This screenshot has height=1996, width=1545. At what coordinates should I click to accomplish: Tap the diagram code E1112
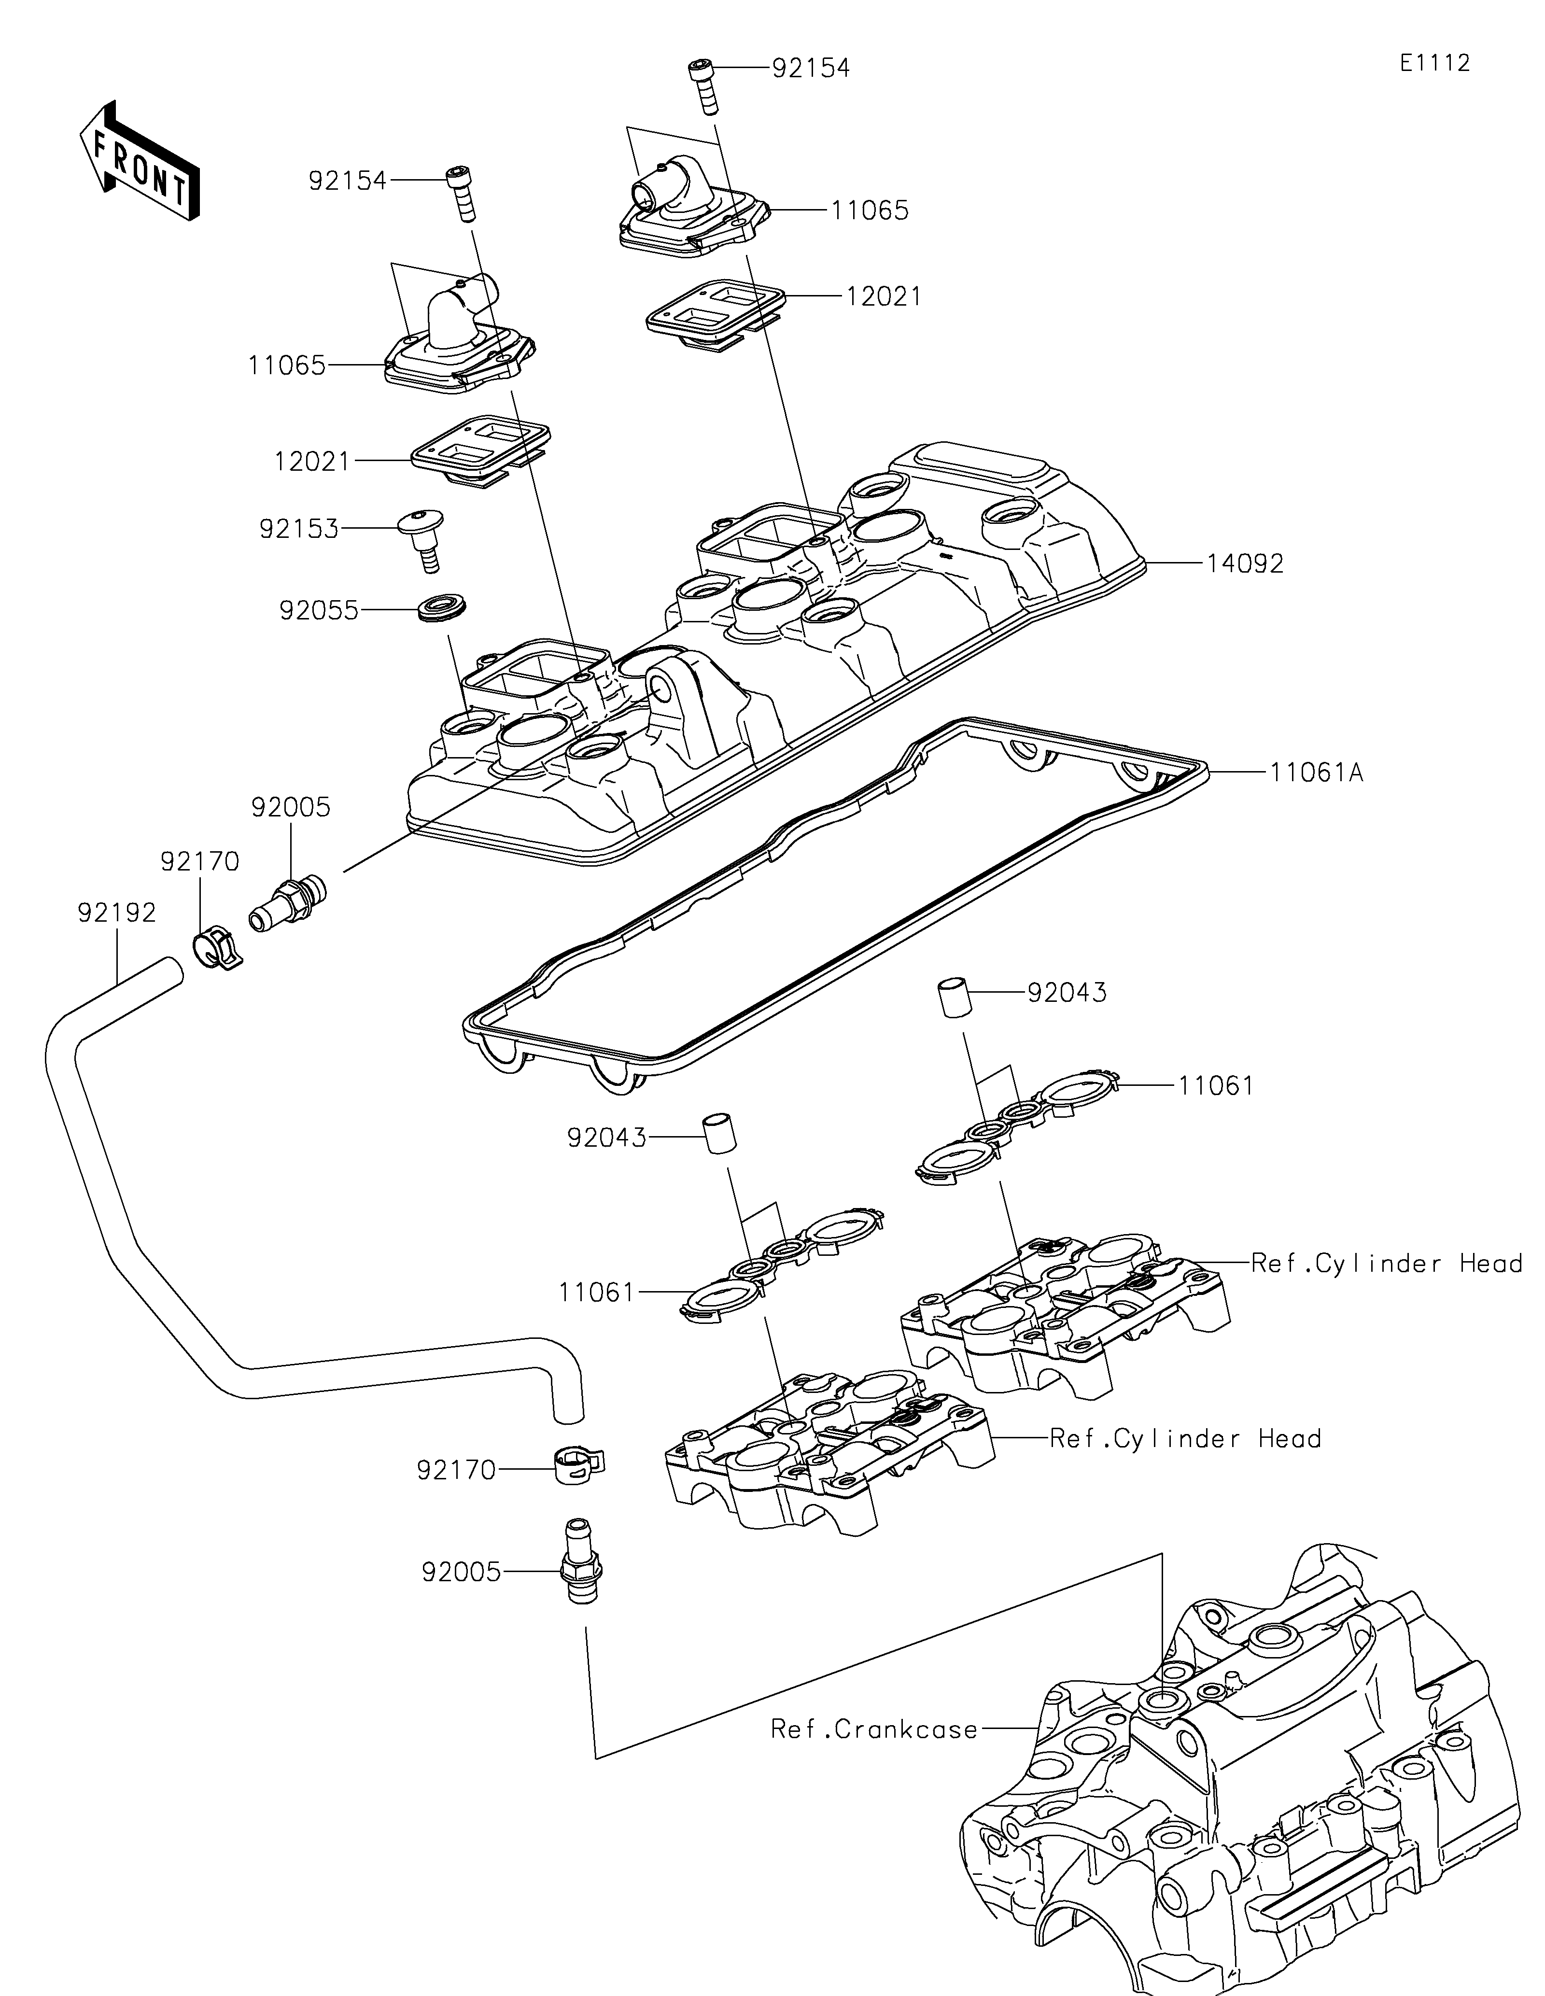pos(1434,63)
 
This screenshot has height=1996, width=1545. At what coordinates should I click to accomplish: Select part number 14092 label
pos(1244,564)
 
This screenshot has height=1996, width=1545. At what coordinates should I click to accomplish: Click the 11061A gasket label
pos(1316,773)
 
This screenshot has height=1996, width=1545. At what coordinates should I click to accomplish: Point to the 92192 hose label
pos(117,912)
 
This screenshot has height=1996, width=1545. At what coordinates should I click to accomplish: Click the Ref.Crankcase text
pos(874,1729)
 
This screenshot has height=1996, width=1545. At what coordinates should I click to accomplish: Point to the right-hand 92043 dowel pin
pos(951,995)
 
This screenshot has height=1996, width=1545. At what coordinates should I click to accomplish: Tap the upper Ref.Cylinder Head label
pos(1386,1264)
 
